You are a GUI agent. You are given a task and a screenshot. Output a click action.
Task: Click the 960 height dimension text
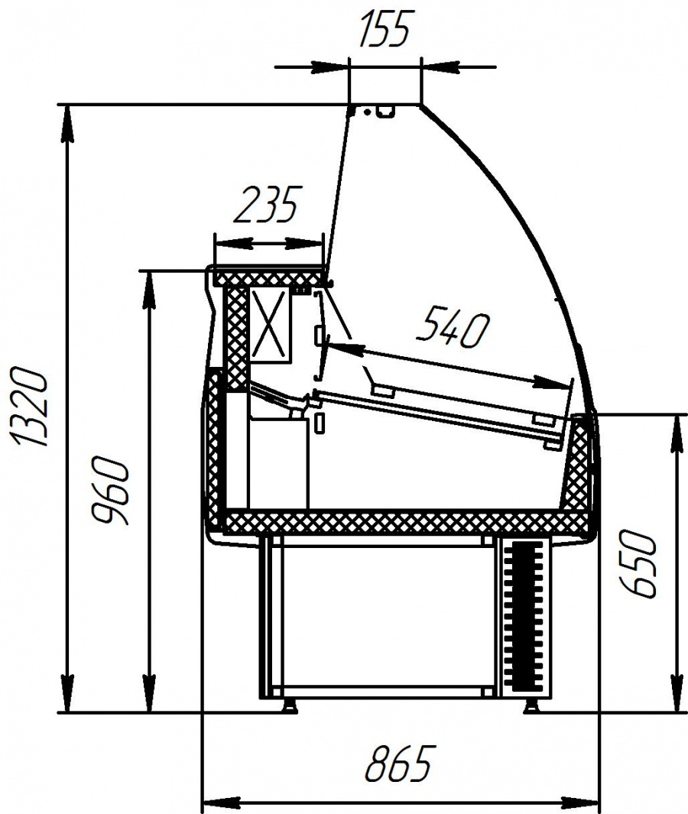tap(110, 491)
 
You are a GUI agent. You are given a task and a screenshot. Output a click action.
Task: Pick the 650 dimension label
tap(638, 564)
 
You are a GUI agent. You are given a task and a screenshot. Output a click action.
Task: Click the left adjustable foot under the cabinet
tap(287, 704)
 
